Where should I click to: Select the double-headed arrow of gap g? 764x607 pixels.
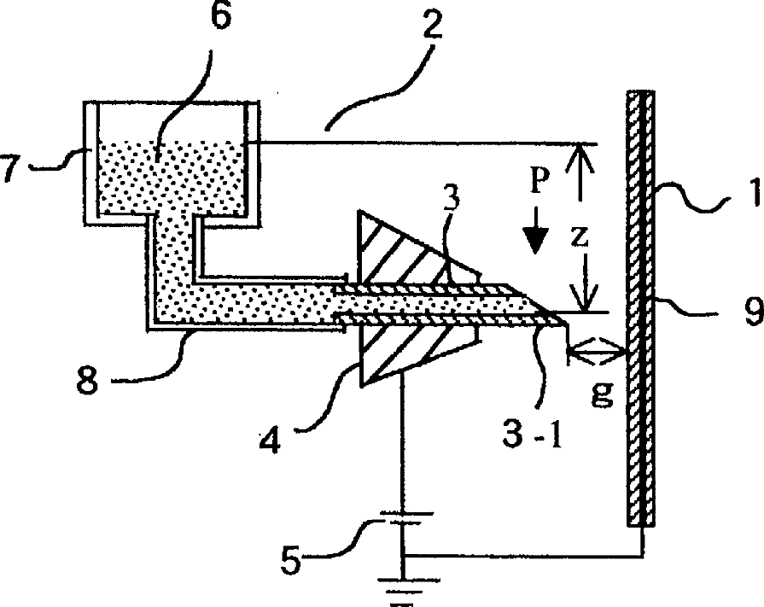coord(598,350)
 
